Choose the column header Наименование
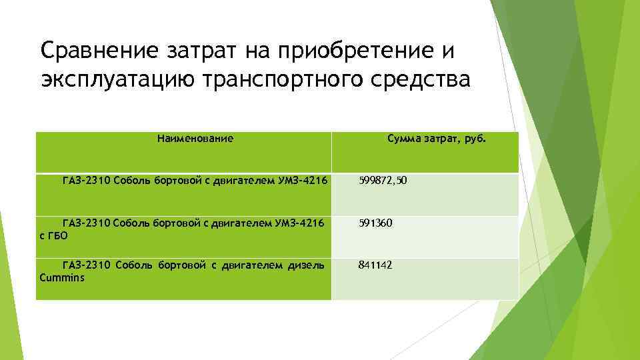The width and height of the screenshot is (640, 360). coord(195,139)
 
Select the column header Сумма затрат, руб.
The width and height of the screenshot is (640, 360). coord(437,139)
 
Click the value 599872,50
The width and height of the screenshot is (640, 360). coord(383,180)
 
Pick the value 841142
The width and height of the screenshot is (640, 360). coord(375,265)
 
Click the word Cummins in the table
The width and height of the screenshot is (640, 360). coord(63,277)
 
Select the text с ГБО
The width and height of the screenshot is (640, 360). coord(55,235)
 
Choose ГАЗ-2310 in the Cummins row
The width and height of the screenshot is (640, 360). coord(85,265)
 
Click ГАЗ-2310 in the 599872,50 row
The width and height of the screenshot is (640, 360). coord(85,180)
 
